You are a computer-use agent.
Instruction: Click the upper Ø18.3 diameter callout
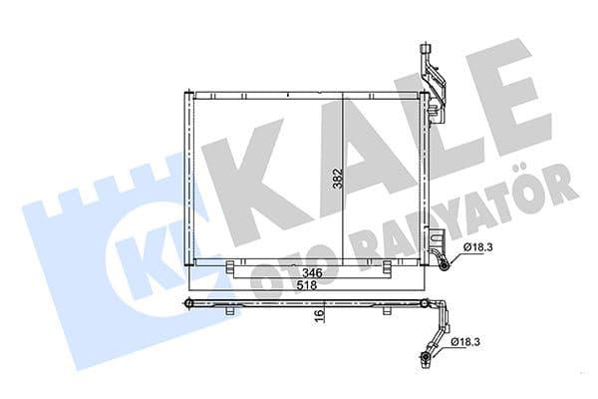(x=477, y=248)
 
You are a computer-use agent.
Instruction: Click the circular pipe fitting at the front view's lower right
(x=443, y=264)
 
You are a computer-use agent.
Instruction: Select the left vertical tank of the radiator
(x=188, y=180)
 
